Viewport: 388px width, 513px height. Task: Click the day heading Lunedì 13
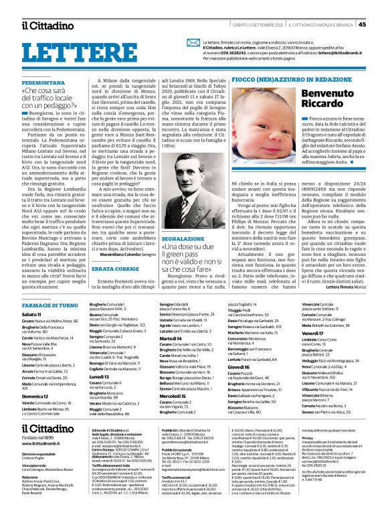tap(81, 377)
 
